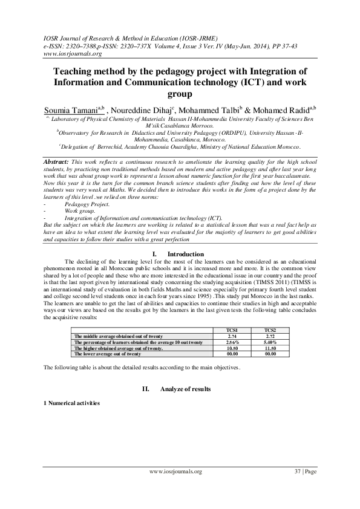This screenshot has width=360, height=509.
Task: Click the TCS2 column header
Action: coord(270,330)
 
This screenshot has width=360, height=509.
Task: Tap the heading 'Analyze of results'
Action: coord(186,389)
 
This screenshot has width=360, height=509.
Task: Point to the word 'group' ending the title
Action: coord(180,94)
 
